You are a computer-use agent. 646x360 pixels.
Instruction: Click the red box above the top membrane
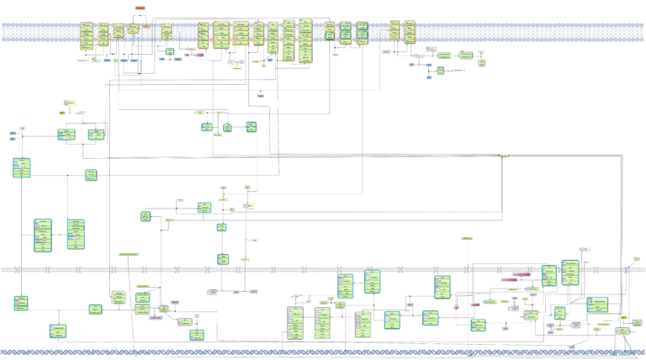[140, 8]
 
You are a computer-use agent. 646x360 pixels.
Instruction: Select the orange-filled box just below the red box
[146, 27]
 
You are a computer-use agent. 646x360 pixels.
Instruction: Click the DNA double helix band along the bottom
[323, 352]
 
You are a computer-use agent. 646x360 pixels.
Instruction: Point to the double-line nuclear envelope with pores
[323, 269]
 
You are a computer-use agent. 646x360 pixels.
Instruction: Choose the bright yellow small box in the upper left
[62, 112]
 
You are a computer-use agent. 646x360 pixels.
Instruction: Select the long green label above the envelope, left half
[128, 254]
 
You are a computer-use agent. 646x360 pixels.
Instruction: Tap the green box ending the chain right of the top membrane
[481, 61]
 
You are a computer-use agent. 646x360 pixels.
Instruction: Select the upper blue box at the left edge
[13, 133]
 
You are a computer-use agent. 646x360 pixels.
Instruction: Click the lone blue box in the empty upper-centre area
[261, 97]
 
